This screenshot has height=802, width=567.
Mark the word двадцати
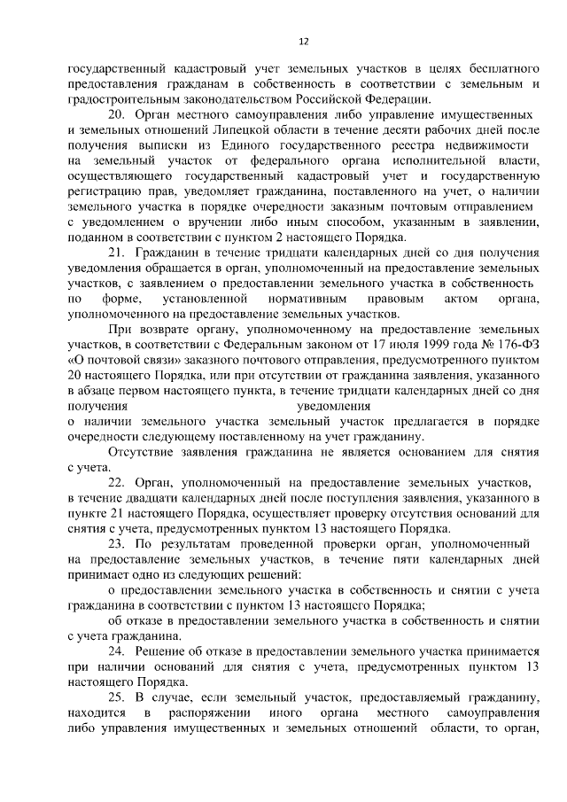point(151,498)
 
